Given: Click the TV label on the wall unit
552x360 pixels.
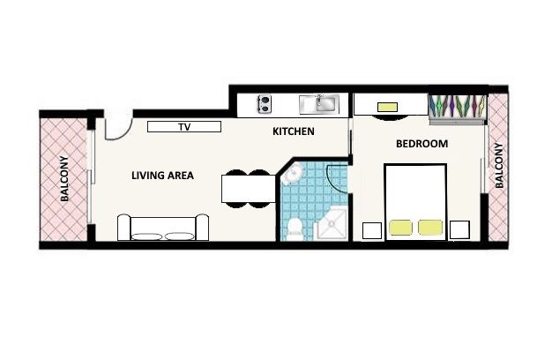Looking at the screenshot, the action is coord(184,127).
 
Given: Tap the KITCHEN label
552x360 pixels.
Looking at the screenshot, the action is coord(294,131).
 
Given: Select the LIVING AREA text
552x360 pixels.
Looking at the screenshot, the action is coord(162,176).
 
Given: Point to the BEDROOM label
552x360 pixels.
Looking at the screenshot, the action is coord(421,144).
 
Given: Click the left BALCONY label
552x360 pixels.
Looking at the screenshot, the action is coord(64,178).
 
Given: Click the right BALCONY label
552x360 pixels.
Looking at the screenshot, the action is coord(499,165).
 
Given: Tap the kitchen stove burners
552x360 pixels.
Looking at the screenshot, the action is coord(264,104).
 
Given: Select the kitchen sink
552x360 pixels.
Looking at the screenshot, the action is coord(319,104).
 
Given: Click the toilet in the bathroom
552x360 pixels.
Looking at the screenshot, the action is coord(295,229).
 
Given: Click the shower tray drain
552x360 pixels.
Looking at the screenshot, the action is coord(332,223).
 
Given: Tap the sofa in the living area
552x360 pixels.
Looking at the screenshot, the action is coord(163,228).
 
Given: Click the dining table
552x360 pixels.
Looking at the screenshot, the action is coord(249,189).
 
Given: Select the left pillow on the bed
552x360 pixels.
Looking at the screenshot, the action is coord(400,228).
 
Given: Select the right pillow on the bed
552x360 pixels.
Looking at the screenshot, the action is coord(430,228).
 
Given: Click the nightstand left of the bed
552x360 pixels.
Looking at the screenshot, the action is coord(372,230).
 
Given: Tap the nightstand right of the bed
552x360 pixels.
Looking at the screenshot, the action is coord(459,229).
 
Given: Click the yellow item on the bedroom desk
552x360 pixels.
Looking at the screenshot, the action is coord(387,107).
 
